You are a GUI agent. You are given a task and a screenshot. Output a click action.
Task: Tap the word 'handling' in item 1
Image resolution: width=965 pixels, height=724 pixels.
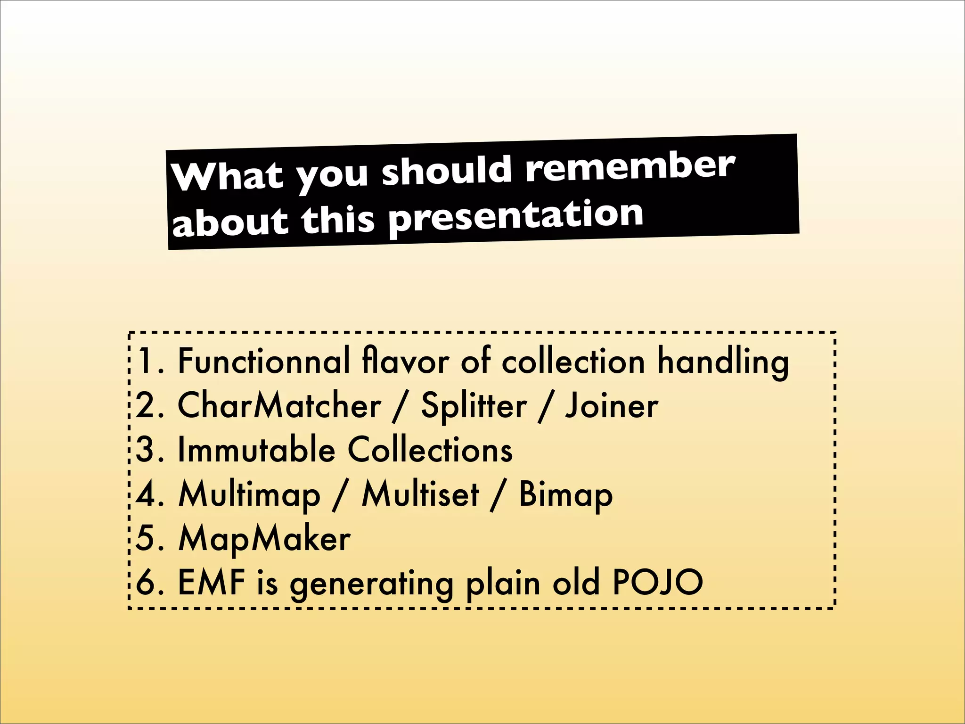(723, 362)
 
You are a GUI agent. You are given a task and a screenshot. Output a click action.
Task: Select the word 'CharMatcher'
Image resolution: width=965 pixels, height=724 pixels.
(279, 405)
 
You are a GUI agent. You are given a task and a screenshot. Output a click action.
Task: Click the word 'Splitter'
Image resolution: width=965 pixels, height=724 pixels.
(474, 405)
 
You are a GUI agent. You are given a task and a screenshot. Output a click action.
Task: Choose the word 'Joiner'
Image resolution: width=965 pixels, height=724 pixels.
(612, 405)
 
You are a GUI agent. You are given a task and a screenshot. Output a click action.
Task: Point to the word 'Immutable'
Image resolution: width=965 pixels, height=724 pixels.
(256, 450)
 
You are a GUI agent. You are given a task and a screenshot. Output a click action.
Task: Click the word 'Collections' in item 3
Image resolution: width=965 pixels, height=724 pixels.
(430, 450)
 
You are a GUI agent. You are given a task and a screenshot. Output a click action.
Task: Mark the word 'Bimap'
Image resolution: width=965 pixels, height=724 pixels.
(565, 495)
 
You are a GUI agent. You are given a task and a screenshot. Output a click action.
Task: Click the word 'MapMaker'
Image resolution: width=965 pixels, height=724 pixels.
(264, 539)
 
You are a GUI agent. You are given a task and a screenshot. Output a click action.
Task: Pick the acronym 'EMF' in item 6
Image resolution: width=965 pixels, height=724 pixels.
(212, 583)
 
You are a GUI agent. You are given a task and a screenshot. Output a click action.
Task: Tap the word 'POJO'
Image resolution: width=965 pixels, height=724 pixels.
(657, 583)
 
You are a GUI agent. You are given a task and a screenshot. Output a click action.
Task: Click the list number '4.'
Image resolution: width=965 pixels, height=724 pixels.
(150, 494)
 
